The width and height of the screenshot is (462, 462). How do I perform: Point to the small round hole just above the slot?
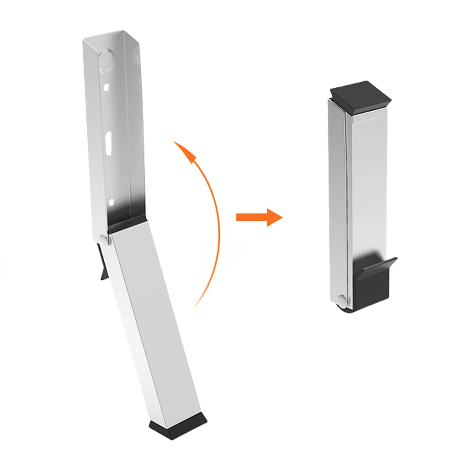[x=107, y=86]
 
